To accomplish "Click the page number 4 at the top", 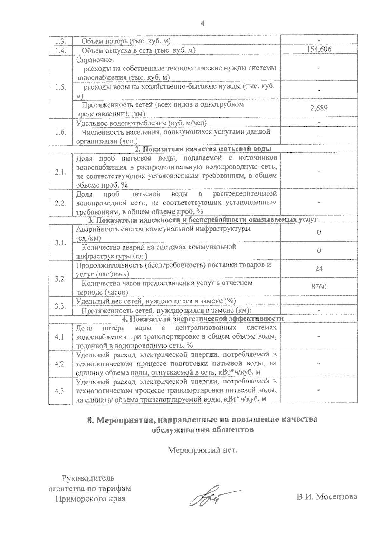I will (x=202, y=23).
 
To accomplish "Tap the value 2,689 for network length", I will (x=319, y=108).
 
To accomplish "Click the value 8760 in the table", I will (x=319, y=287).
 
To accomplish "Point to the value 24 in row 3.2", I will (x=319, y=269).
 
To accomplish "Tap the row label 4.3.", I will (x=60, y=391).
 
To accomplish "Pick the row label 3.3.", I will (x=60, y=306).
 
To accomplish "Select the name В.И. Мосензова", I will (x=327, y=496).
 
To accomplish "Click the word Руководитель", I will (x=88, y=478).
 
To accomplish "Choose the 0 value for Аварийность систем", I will (x=319, y=232).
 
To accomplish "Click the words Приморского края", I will (x=90, y=499).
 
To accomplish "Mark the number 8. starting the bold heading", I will (x=91, y=420).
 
